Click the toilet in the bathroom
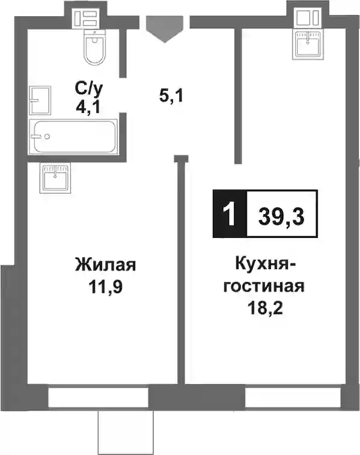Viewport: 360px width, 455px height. (x=94, y=47)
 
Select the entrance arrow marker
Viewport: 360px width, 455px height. (x=165, y=29)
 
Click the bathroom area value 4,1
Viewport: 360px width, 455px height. (x=88, y=108)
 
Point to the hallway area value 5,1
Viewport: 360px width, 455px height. (x=171, y=96)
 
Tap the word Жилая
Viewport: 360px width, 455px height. (x=105, y=264)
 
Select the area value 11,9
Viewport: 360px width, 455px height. (x=105, y=287)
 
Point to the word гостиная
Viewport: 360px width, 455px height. (x=264, y=286)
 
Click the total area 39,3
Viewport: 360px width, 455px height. (x=281, y=217)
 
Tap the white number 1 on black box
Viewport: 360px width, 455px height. (x=230, y=214)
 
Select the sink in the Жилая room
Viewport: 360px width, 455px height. (x=55, y=177)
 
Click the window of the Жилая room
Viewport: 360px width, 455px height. (x=98, y=397)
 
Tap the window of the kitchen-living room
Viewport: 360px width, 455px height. (x=293, y=397)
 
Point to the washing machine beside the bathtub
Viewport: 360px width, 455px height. (x=40, y=100)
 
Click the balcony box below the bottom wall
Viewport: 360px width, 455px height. (x=126, y=432)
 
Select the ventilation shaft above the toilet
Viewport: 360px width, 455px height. (x=86, y=18)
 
